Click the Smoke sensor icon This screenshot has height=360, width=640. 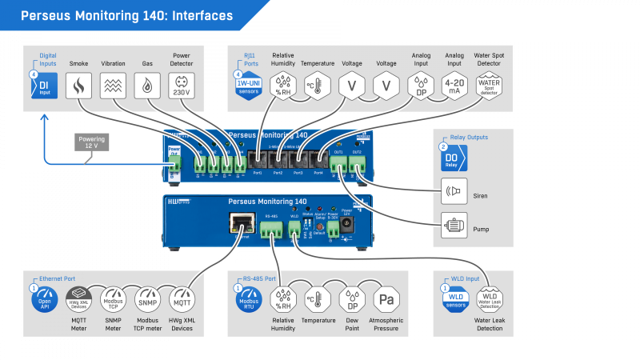coord(78,86)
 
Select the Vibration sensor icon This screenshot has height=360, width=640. coord(113,86)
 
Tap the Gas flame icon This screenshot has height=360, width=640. coord(147,86)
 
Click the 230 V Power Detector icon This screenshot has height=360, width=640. coord(182,86)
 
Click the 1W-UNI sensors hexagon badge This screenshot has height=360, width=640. coord(248,86)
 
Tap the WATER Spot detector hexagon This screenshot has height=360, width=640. coord(489,85)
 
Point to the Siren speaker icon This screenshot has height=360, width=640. coord(454,191)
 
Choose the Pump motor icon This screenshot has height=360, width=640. coord(454,227)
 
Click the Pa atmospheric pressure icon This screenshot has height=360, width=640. coord(387,300)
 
